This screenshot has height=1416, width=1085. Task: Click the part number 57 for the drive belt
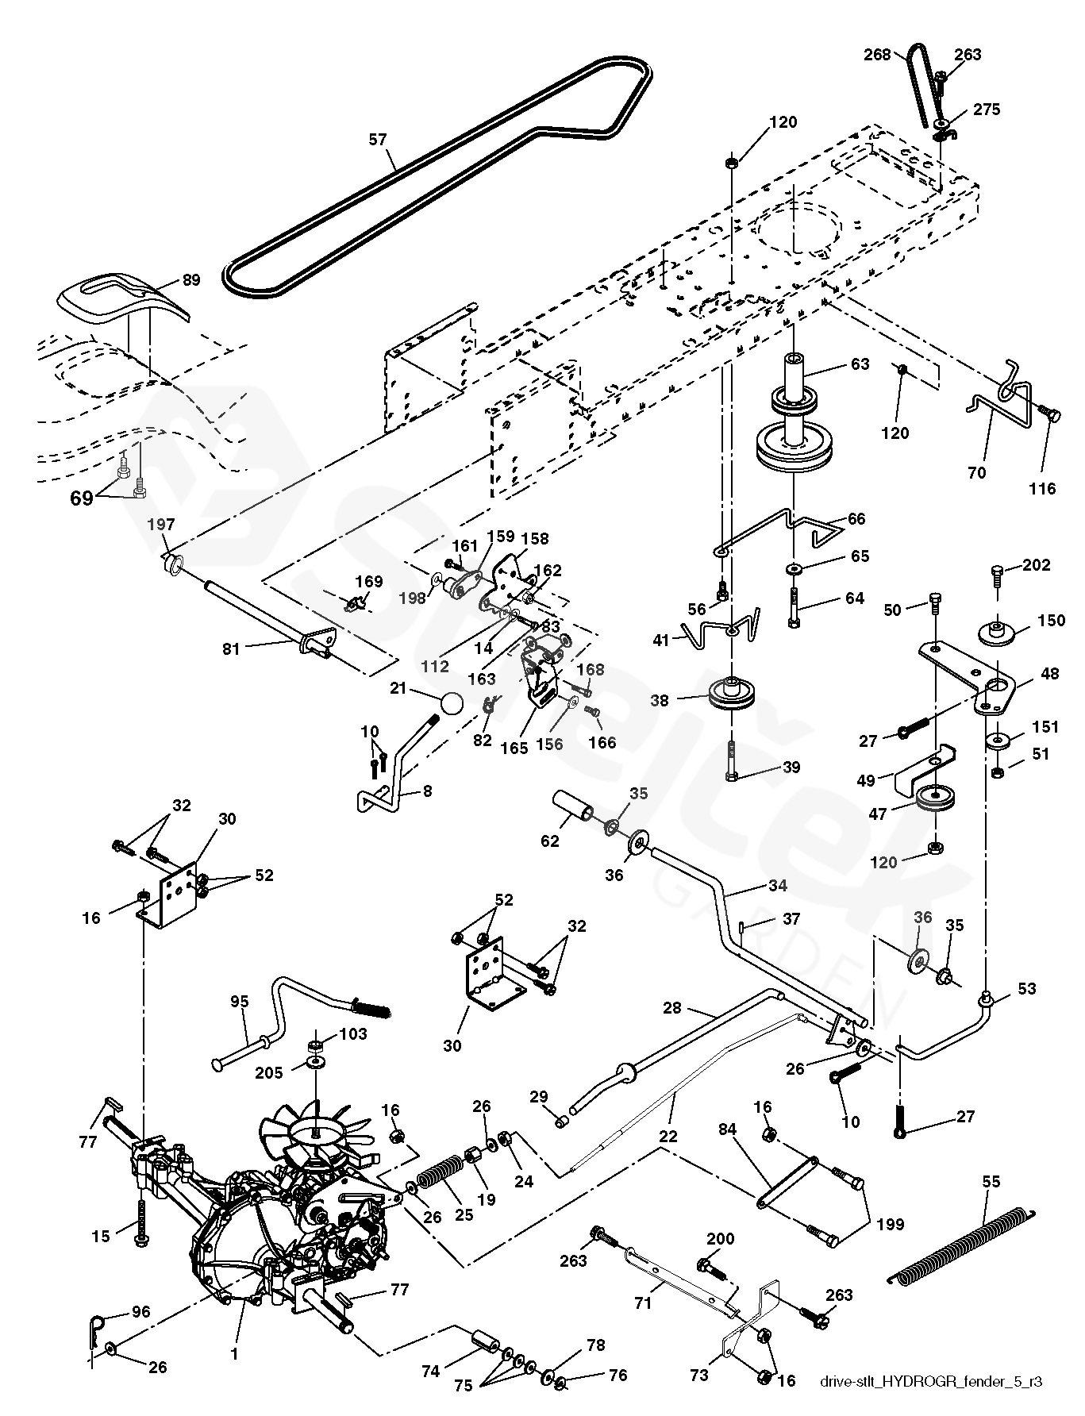(377, 140)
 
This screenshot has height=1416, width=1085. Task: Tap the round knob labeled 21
(450, 704)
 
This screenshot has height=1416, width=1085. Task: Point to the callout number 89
(190, 279)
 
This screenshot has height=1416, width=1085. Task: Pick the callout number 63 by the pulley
(860, 364)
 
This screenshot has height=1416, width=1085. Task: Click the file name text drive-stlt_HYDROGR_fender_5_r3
(930, 1382)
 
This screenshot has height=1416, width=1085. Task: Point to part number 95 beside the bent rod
(240, 1002)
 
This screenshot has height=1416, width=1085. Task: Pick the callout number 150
(1052, 620)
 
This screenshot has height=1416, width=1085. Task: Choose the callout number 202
(1036, 565)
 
